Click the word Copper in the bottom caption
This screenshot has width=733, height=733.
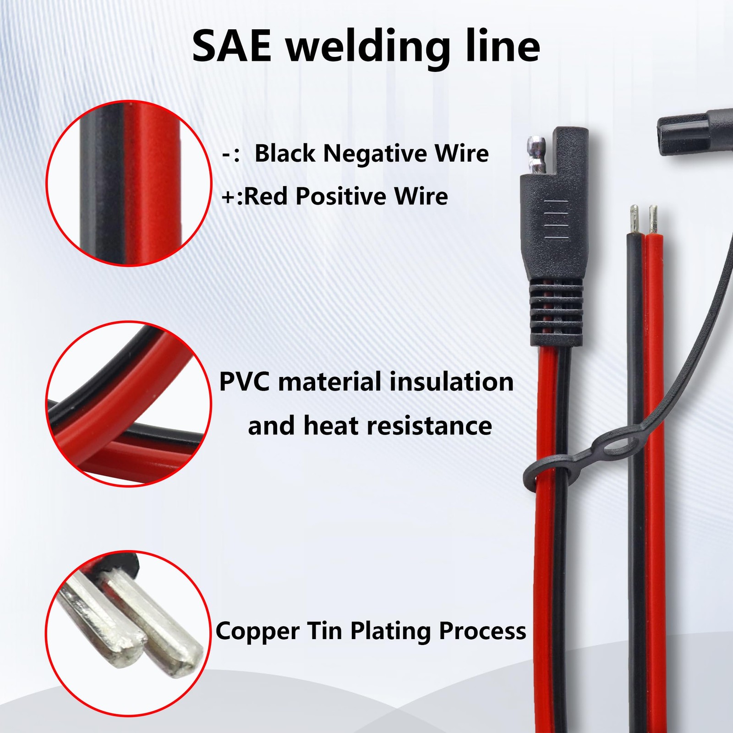coord(257,631)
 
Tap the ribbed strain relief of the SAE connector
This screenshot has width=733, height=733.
coord(556,312)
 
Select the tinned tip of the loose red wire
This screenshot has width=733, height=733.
coord(653,220)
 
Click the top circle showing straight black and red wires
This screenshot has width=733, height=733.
coord(129,183)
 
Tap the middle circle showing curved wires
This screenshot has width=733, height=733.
coord(129,404)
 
